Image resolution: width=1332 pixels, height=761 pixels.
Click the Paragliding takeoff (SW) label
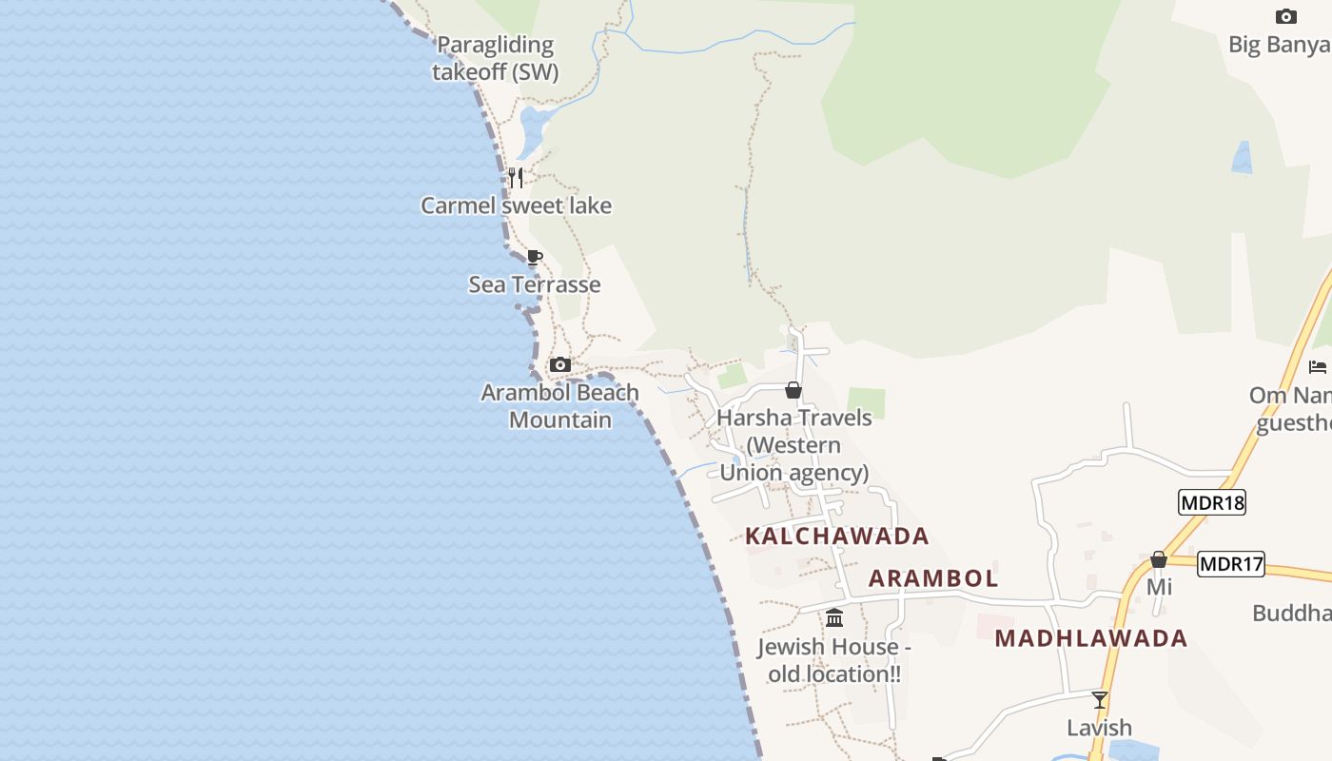[x=495, y=58]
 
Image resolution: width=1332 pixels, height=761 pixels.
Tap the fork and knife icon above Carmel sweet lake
[x=515, y=177]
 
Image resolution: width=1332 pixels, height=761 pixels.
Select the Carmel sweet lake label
[x=516, y=205]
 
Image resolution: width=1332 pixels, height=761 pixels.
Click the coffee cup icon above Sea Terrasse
[x=535, y=257]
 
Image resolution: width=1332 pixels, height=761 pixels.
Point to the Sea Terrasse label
[x=535, y=284]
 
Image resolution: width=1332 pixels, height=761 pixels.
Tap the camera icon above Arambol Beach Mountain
[x=560, y=364]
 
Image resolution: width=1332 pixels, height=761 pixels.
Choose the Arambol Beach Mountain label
[x=560, y=406]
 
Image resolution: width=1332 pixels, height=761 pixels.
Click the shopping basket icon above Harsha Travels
[x=793, y=390]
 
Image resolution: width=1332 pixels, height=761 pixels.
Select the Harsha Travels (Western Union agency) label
[x=794, y=445]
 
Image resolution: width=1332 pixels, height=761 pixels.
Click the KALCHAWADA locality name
[x=837, y=536]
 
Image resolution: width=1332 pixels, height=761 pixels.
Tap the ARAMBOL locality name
[x=933, y=578]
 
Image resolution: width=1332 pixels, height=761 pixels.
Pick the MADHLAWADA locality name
[x=1091, y=638]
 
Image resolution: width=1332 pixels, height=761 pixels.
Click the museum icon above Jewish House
[x=834, y=618]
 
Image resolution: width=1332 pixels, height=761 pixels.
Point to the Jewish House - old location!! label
[x=834, y=660]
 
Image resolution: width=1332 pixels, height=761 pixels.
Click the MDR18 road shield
[x=1211, y=502]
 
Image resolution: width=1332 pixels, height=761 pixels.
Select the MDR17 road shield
[x=1231, y=564]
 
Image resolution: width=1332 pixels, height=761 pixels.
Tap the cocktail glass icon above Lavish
[x=1100, y=700]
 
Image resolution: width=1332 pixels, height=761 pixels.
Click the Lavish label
[x=1099, y=728]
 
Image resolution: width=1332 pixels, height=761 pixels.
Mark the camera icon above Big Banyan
[x=1285, y=16]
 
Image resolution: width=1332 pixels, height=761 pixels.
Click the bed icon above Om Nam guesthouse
[x=1318, y=366]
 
